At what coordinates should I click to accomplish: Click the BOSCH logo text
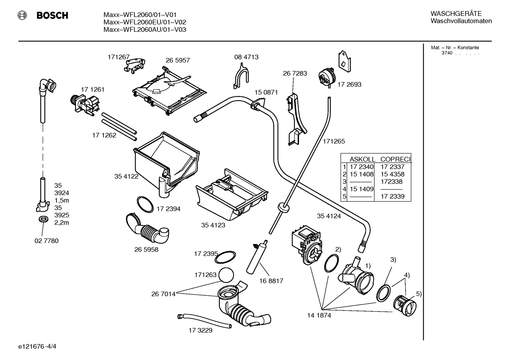[x=52, y=16]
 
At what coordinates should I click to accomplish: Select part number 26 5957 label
[x=178, y=60]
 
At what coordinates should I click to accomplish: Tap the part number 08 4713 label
[x=246, y=57]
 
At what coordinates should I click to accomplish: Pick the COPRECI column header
[x=395, y=159]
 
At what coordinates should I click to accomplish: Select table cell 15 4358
[x=392, y=174]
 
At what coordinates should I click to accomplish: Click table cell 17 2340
[x=361, y=167]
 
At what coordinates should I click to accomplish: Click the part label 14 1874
[x=319, y=315]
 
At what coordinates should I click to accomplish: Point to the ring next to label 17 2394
[x=145, y=204]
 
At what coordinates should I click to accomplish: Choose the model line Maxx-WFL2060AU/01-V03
[x=144, y=30]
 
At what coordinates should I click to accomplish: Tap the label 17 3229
[x=200, y=330]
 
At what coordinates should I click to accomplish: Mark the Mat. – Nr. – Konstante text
[x=455, y=48]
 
